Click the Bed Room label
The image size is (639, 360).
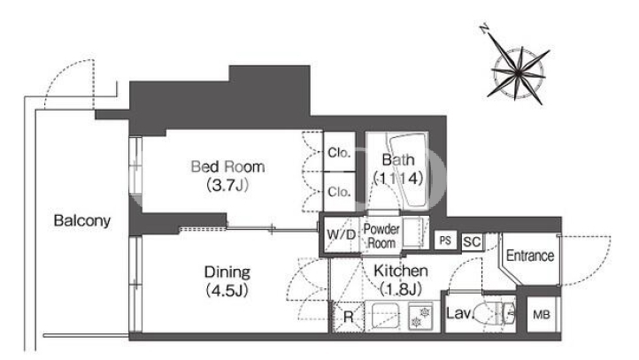point(227,166)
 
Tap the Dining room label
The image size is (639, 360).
point(227,272)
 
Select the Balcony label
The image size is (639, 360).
point(82,221)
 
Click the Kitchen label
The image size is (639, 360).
point(401,271)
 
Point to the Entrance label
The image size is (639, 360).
point(530,256)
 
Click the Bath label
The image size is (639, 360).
point(398,159)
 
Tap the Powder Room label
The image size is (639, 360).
point(381,236)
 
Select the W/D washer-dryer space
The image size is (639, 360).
point(341,234)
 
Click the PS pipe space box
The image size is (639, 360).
point(445,241)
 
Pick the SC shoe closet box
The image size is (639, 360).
point(472,241)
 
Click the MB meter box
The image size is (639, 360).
point(541,314)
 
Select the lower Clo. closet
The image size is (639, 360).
point(340,191)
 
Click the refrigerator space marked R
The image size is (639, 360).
point(348,317)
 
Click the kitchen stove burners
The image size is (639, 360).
point(420,317)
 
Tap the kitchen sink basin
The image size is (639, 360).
point(385,316)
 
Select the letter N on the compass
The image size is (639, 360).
point(484,29)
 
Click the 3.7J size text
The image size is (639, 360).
point(227,185)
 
